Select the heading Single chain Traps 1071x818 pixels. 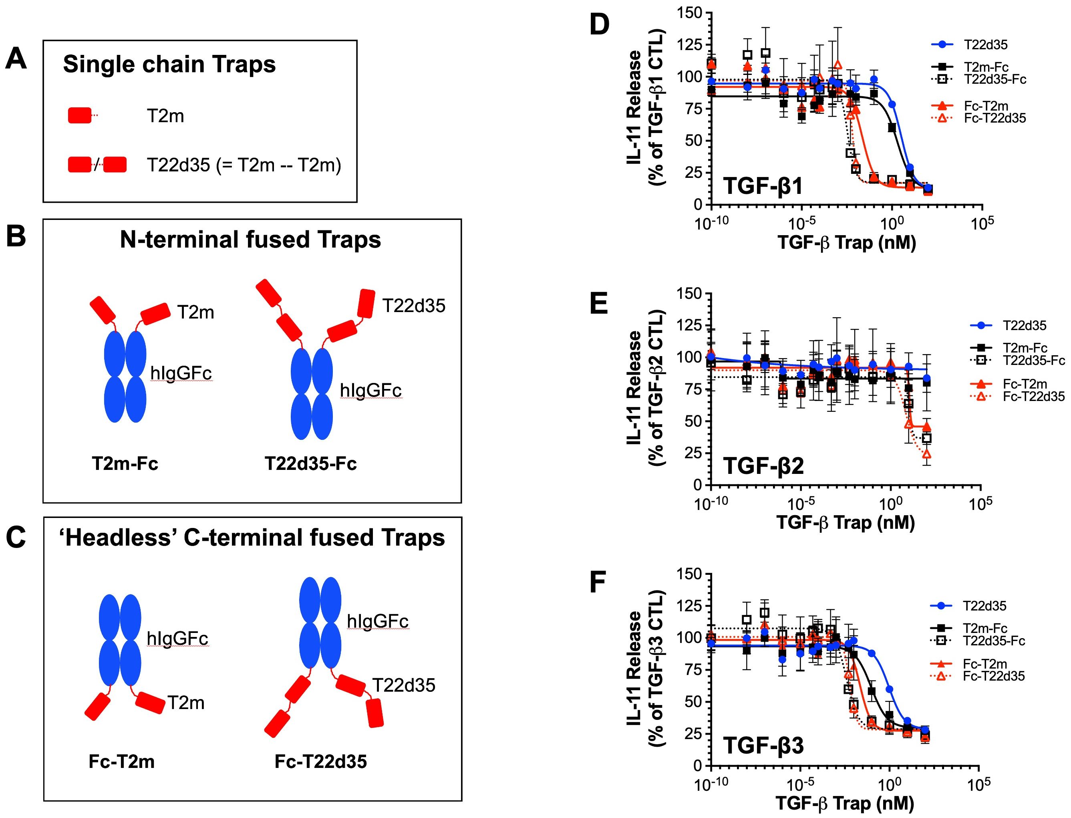point(169,64)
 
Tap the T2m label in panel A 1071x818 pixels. point(165,116)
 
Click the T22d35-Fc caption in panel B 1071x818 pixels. point(310,463)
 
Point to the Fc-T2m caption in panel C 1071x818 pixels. point(122,761)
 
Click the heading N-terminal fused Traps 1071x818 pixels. point(250,240)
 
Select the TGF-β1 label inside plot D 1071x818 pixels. point(763,186)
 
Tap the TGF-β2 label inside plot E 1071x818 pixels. point(763,466)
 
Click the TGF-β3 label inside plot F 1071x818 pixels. point(763,745)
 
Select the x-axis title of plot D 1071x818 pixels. point(847,242)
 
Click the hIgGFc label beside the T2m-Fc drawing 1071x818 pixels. point(181,373)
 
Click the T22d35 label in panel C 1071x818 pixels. point(404,685)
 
